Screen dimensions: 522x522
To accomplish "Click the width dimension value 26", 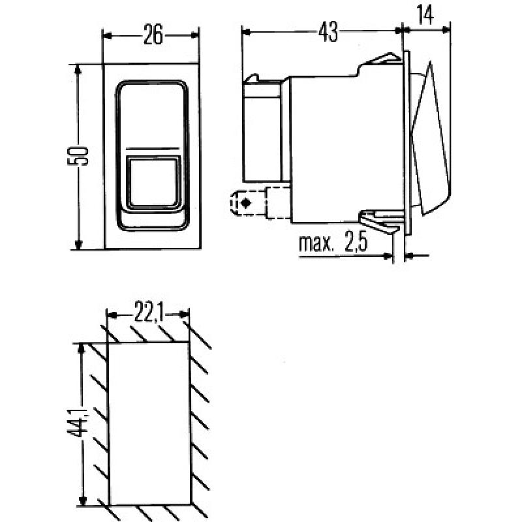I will click(152, 35).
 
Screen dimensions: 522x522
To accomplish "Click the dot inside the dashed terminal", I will click(245, 204).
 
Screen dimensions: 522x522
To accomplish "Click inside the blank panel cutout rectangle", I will click(149, 424).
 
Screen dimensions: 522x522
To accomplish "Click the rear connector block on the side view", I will click(264, 130).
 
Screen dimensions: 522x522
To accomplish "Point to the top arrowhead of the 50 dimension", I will click(79, 69).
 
